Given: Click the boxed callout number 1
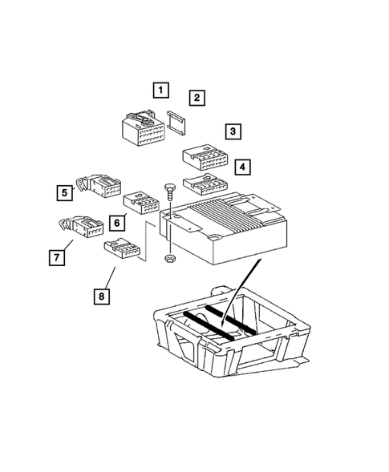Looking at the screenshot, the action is click(161, 90).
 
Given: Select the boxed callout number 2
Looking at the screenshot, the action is click(197, 98).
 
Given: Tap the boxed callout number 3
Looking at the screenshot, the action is click(233, 131).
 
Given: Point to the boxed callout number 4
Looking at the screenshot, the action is click(242, 167).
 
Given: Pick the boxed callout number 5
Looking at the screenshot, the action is click(65, 192).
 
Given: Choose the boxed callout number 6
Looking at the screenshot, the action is click(117, 223).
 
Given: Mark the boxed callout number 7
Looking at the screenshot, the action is click(57, 258).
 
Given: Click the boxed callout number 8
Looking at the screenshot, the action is click(102, 297).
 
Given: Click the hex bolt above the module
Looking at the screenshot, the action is click(170, 192).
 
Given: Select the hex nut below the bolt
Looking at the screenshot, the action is click(170, 258).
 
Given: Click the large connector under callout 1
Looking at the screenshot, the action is click(143, 128).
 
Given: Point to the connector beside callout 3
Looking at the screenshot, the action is click(205, 157).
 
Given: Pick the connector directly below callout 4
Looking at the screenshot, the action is click(205, 185).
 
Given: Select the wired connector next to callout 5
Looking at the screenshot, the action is click(99, 185).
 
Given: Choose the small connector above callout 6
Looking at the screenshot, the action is click(141, 204).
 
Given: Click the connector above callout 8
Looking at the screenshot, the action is click(122, 248).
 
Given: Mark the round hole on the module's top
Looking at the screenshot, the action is click(216, 238).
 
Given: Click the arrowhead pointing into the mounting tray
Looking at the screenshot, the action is click(222, 323).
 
